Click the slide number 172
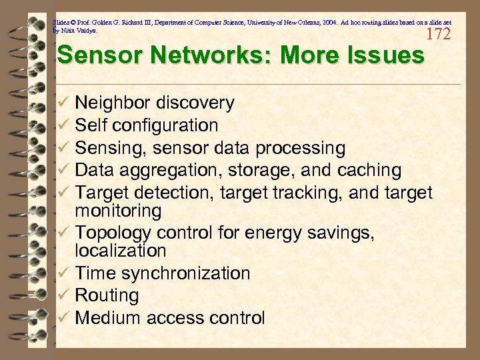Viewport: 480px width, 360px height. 437,34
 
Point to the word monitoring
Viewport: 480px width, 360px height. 118,211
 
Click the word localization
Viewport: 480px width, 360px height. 121,251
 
